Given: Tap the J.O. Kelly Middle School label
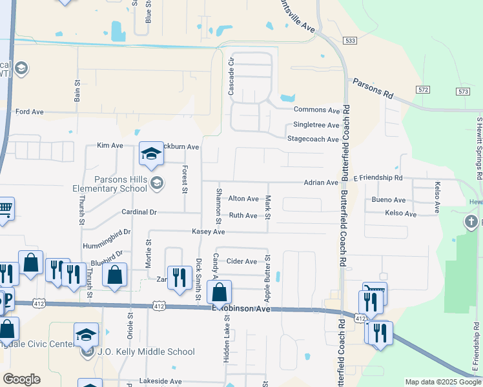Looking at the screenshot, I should point(145,352).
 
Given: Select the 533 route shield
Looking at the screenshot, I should point(349,40).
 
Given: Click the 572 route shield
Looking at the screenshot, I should point(423,89).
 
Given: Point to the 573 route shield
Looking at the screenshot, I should point(462,92).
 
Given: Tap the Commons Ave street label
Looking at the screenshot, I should point(316,111).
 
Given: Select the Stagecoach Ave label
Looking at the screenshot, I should point(313,139).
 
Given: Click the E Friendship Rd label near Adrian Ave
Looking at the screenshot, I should point(378,177).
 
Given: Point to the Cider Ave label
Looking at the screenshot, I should point(241,261).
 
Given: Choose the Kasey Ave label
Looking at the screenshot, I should point(208,232).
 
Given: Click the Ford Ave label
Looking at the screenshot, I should point(29,112).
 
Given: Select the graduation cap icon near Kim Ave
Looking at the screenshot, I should point(151,154).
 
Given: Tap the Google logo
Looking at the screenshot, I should point(21,379).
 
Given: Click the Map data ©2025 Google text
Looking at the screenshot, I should point(442,382).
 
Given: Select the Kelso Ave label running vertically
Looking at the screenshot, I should point(437,198).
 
